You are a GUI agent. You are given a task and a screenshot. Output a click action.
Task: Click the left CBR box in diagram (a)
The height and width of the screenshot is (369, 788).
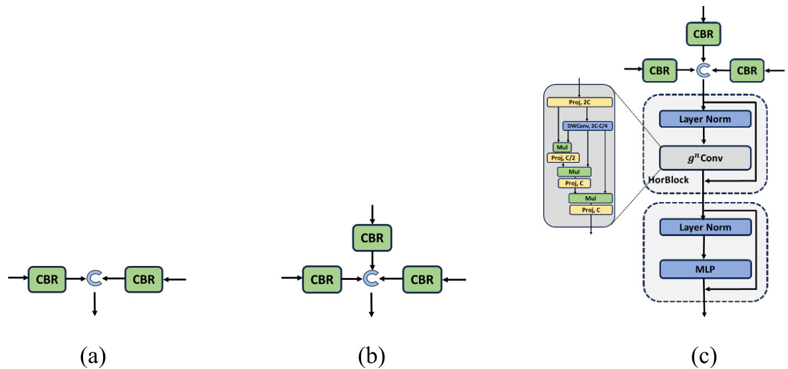tap(47, 279)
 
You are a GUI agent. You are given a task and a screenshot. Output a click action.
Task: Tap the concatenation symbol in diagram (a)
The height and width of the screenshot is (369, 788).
tap(94, 279)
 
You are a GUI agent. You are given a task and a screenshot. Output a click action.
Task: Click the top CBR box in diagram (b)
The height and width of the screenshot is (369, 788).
tap(372, 237)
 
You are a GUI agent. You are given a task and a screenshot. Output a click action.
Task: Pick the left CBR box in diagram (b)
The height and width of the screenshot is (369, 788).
tap(322, 279)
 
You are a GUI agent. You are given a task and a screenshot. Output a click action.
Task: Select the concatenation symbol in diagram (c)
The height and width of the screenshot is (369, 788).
tap(704, 69)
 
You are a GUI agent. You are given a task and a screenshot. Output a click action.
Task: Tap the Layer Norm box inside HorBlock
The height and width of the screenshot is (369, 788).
tap(704, 119)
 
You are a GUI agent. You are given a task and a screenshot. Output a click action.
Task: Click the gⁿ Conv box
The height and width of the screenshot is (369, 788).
tap(704, 158)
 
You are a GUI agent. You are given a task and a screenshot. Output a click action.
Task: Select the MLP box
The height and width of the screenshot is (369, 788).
tap(704, 269)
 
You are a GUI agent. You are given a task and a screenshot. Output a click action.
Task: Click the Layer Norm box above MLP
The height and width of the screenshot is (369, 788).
tap(704, 228)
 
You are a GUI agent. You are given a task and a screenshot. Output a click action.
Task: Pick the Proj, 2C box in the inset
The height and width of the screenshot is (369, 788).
tap(579, 102)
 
